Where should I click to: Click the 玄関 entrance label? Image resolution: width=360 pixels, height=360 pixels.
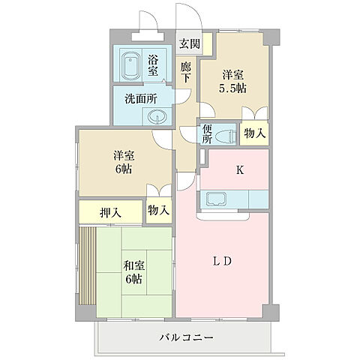[x=187, y=43]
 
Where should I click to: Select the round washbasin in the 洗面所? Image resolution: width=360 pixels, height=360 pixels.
[x=157, y=116]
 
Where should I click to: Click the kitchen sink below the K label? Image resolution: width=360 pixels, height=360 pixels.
[x=214, y=199]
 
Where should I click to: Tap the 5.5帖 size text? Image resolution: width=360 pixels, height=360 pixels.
[x=233, y=88]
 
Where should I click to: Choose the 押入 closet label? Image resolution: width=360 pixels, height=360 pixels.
[x=109, y=213]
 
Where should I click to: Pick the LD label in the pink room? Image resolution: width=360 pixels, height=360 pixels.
[x=224, y=261]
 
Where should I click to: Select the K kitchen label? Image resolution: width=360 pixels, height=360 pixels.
[x=240, y=169]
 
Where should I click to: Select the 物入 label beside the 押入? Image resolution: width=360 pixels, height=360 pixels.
[x=157, y=211]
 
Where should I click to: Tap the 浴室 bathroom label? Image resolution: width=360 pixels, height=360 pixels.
[x=153, y=65]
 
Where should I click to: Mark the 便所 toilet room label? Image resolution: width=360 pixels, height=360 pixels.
[x=208, y=133]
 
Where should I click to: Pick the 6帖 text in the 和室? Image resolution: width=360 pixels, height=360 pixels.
[x=134, y=279]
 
